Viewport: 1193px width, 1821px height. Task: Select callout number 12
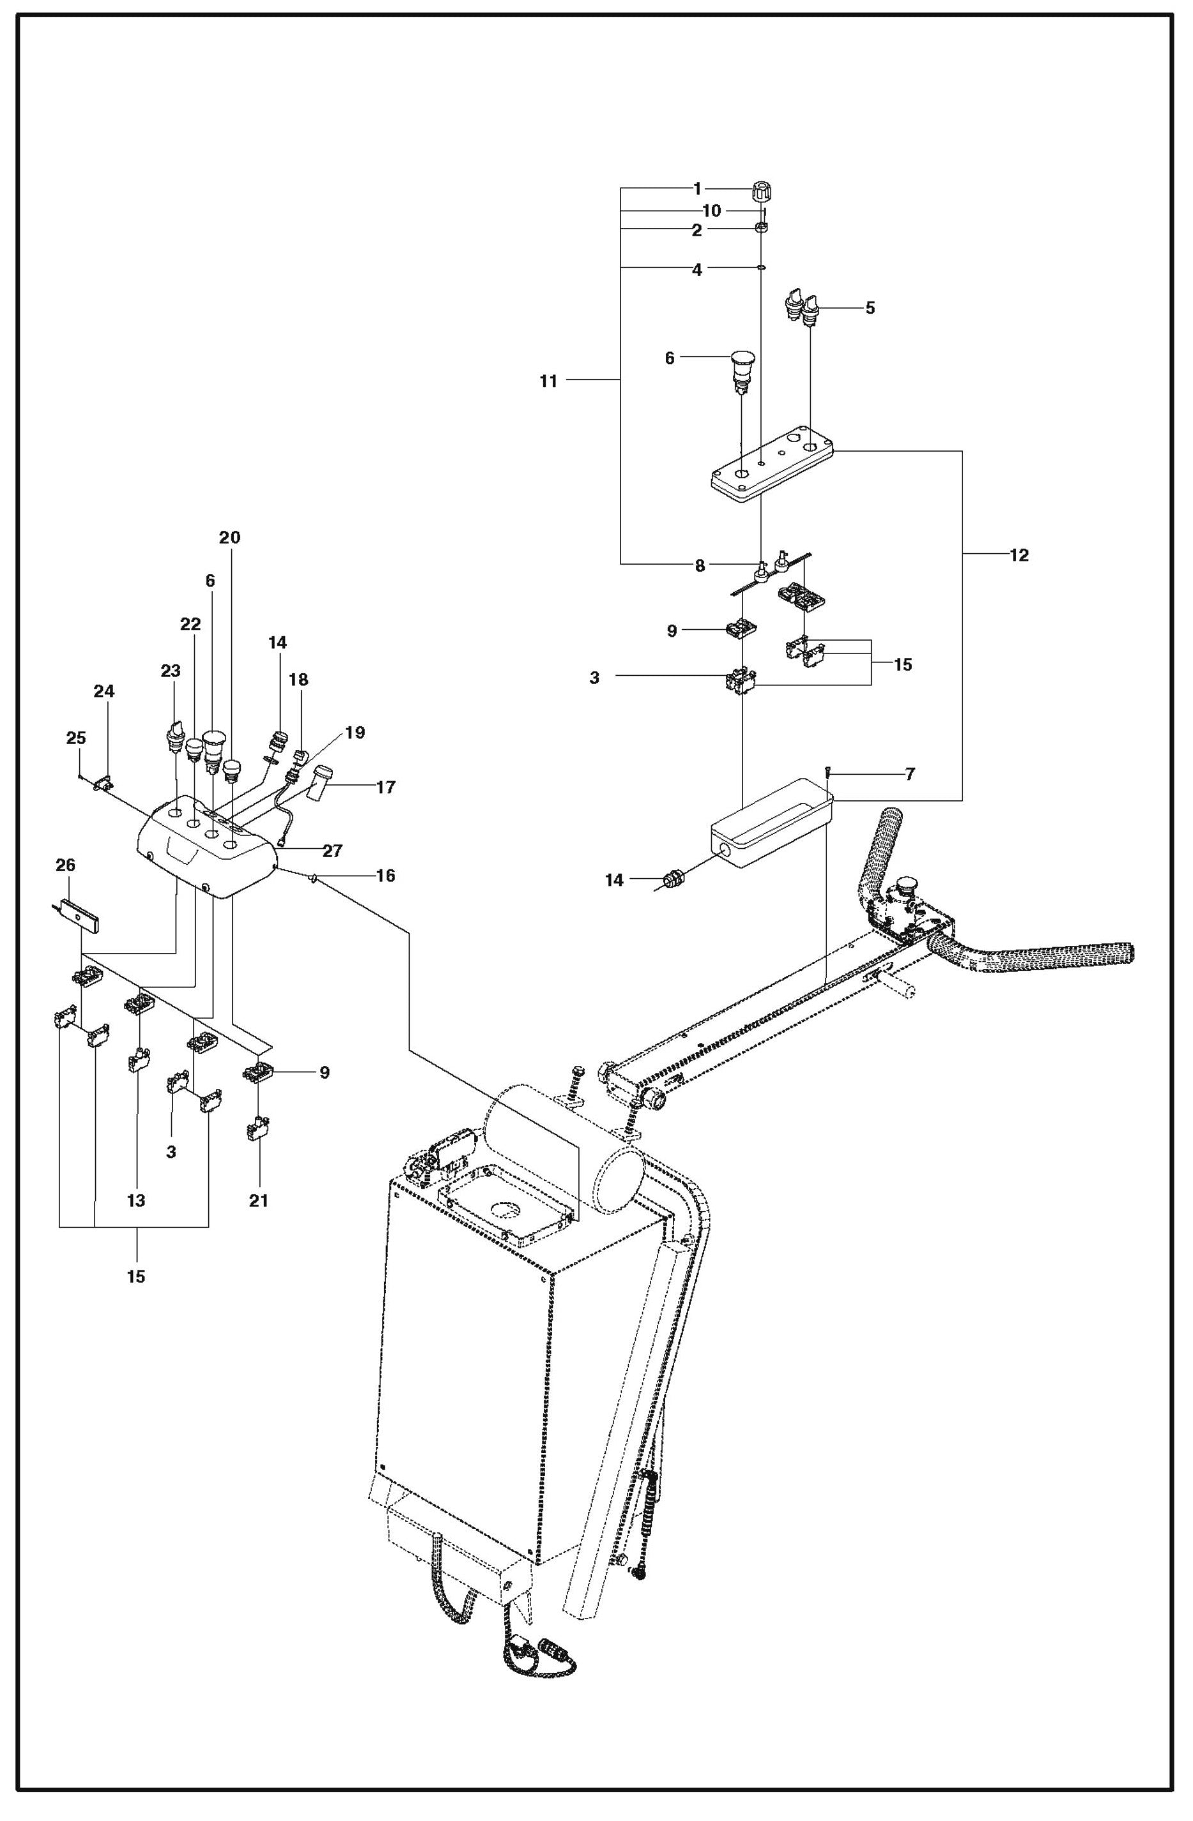click(x=1019, y=556)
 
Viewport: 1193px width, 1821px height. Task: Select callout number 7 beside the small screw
click(x=909, y=774)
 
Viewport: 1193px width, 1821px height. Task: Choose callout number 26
click(x=66, y=865)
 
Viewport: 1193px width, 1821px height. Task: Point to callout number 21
click(x=259, y=1201)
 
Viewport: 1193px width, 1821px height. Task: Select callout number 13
click(x=136, y=1201)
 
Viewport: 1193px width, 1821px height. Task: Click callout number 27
click(x=332, y=851)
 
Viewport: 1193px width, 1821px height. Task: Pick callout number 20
click(x=229, y=538)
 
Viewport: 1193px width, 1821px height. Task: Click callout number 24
click(x=104, y=692)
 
